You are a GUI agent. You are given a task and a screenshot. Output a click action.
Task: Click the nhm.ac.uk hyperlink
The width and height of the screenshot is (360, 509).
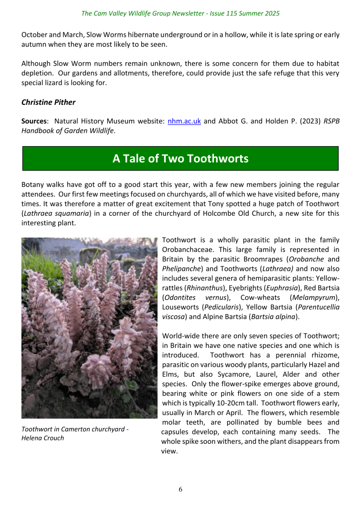pos(184,121)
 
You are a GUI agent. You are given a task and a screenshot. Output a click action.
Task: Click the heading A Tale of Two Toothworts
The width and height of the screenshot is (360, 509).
pos(180,159)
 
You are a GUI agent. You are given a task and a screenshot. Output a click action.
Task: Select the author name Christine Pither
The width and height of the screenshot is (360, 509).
pos(49,102)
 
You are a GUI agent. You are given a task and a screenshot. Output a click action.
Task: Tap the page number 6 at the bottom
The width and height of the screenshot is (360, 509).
pos(180,489)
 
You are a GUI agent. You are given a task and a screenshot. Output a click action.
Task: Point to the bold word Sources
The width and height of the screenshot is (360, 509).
pos(35,121)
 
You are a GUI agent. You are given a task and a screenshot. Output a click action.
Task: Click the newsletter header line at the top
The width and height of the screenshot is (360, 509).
pos(180,13)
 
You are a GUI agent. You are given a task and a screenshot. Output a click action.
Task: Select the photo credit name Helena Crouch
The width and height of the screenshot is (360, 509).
pos(43,438)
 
